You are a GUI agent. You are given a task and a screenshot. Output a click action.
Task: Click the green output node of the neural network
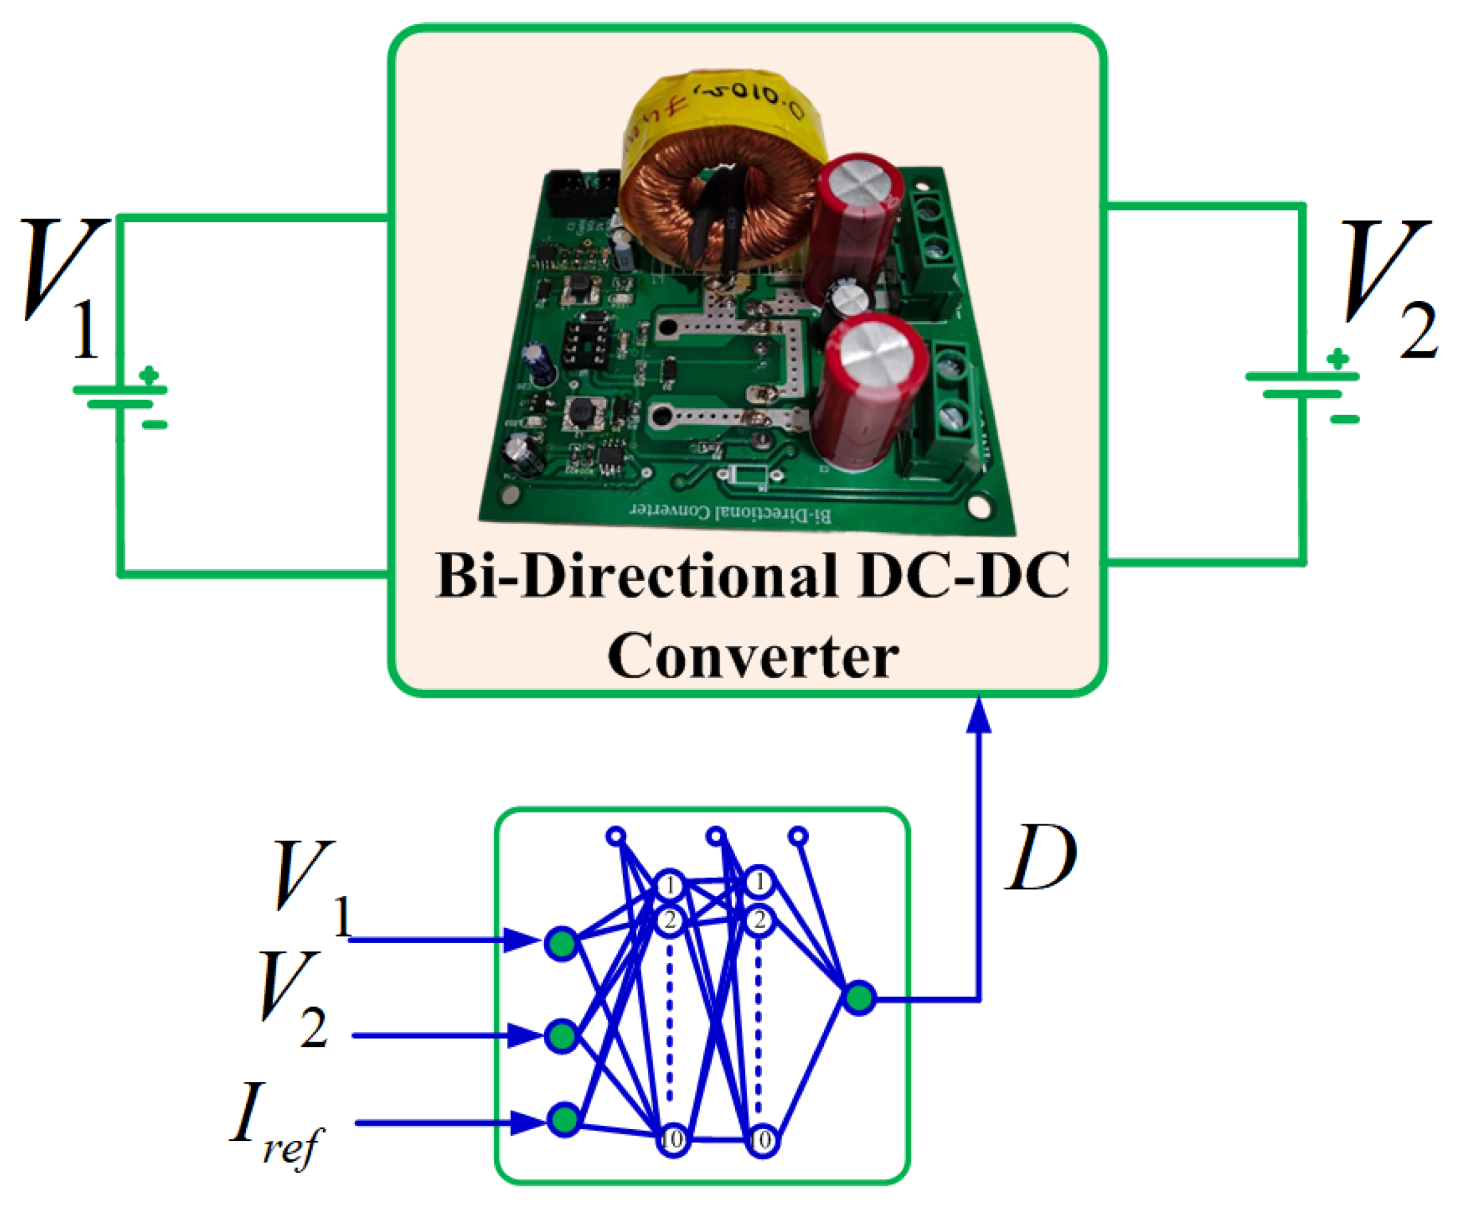pos(859,999)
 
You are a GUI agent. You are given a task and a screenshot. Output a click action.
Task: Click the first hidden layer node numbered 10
pos(673,1140)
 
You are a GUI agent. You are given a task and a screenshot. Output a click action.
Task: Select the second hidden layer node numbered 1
pos(760,883)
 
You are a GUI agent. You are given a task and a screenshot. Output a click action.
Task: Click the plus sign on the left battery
pos(149,375)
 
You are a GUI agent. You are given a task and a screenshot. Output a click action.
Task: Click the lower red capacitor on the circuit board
pos(869,390)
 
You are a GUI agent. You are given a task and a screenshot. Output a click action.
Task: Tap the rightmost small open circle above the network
pos(799,835)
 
